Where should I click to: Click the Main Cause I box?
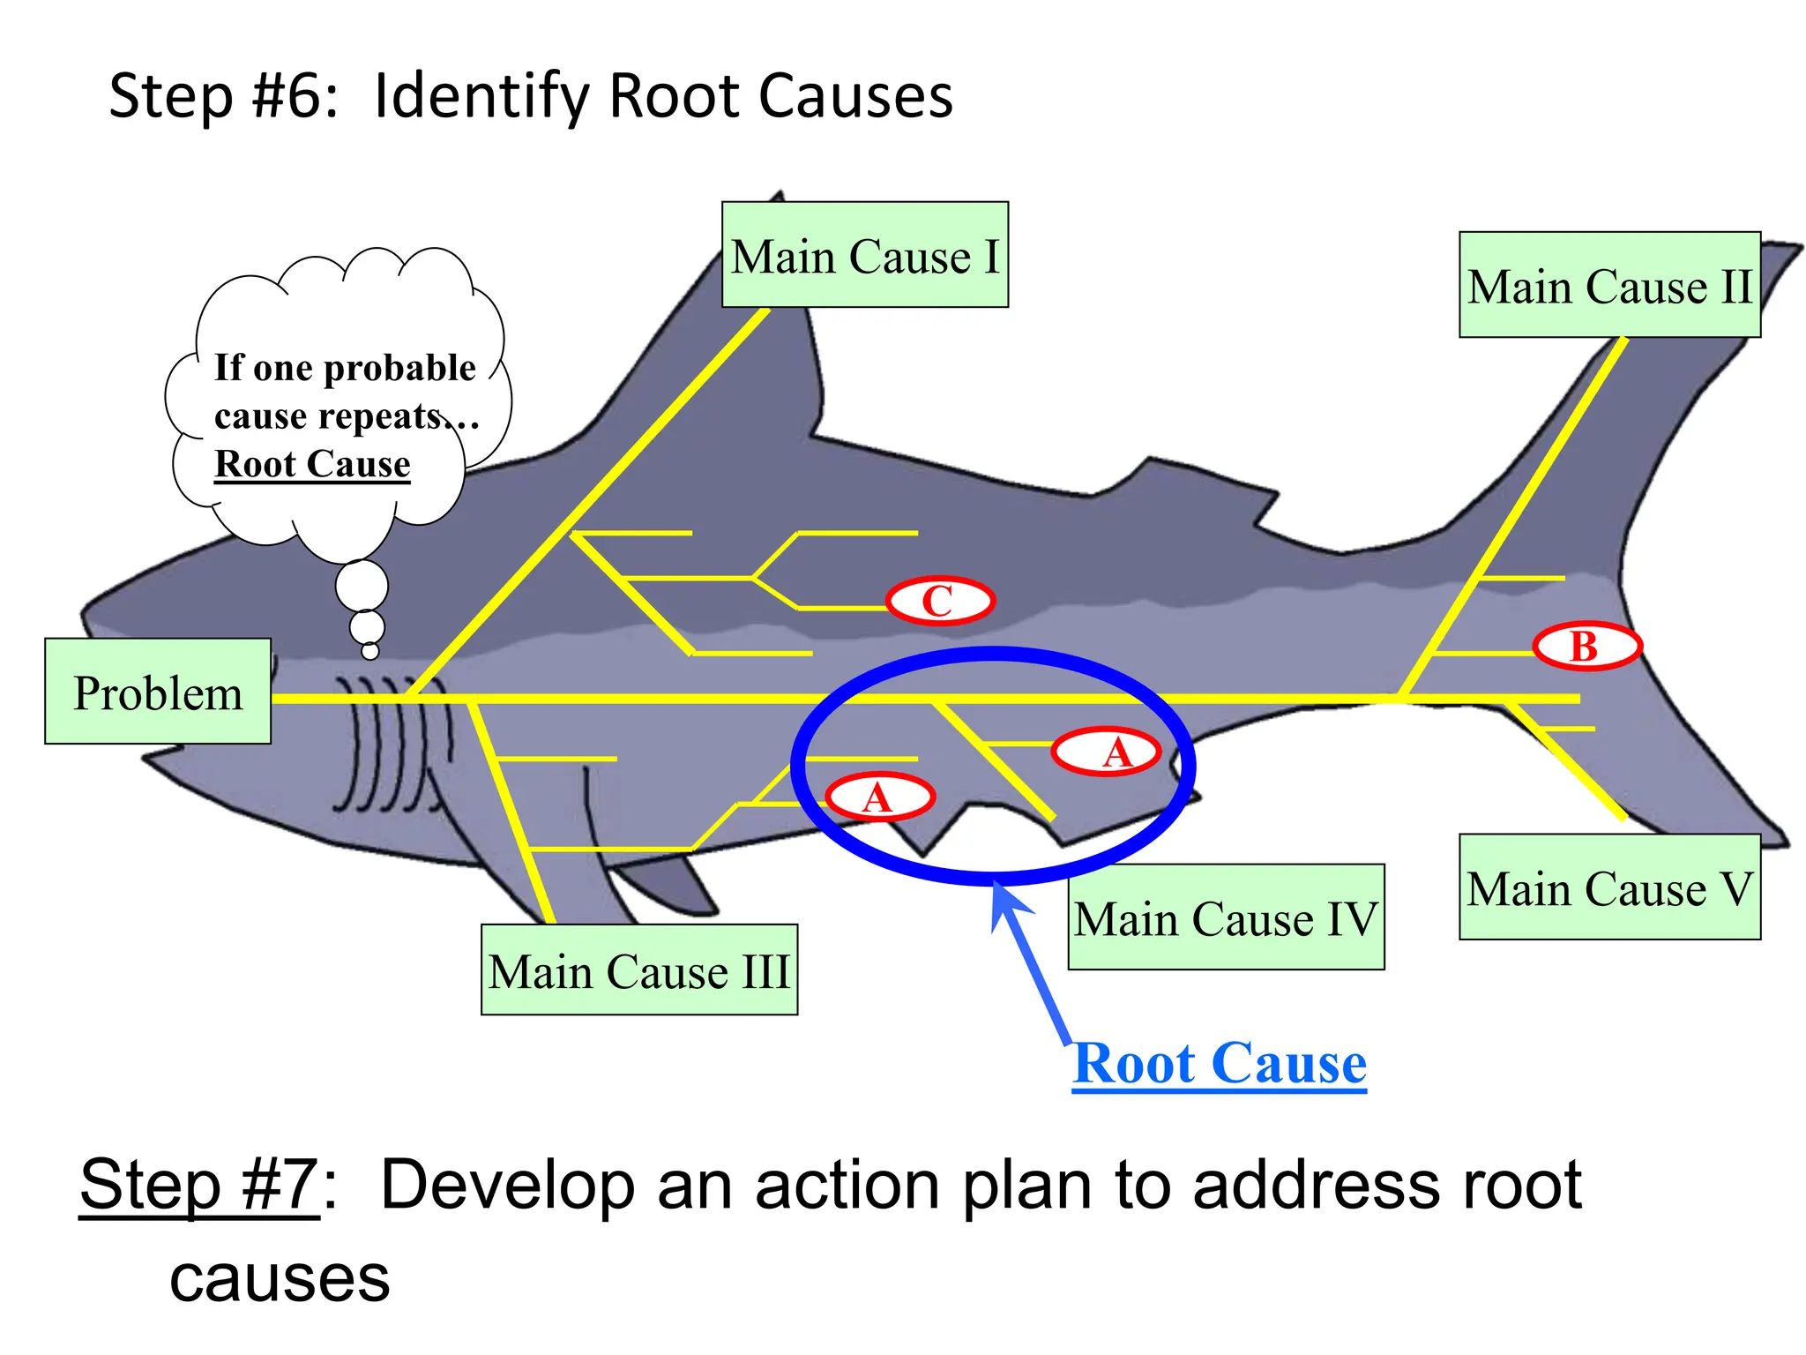point(864,255)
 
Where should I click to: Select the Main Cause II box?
point(1609,285)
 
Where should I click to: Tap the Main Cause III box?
point(639,969)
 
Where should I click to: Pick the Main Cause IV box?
point(1226,917)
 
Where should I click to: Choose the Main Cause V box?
point(1609,887)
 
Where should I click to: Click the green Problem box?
point(158,692)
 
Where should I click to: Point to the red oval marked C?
point(940,602)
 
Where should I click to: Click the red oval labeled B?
point(1586,647)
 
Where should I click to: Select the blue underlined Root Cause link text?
point(1220,1064)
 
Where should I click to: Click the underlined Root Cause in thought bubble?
point(312,464)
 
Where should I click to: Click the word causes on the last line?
point(280,1279)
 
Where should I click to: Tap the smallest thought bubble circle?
point(370,651)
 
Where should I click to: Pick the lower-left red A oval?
point(878,798)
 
